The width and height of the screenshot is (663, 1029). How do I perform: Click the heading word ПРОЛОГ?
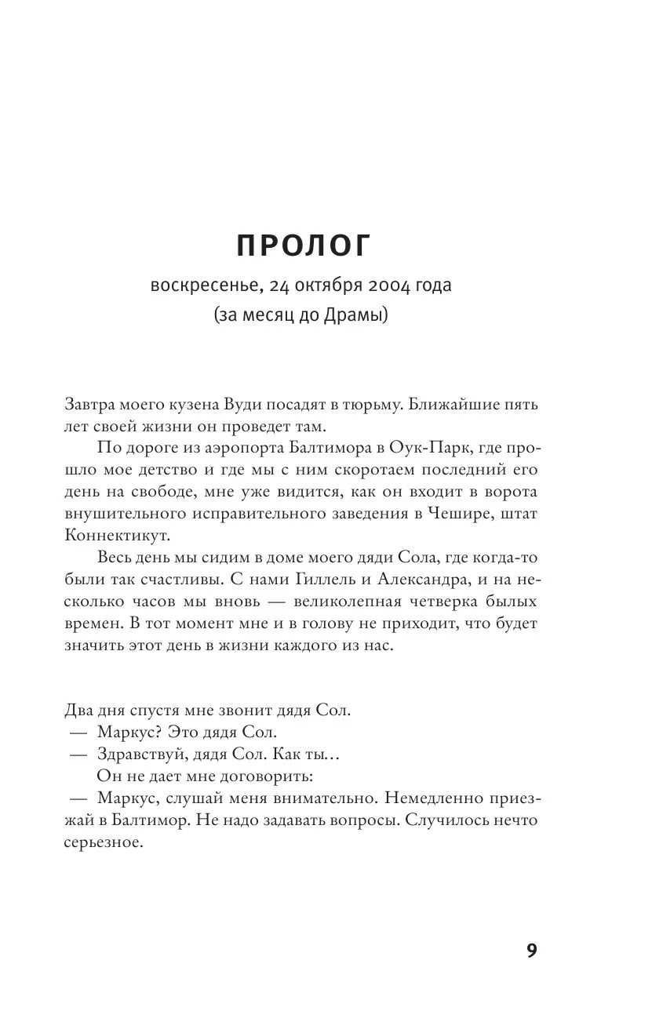tap(303, 246)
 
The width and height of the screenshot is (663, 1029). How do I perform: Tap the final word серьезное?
tap(101, 843)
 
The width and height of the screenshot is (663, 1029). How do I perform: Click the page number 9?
tap(531, 951)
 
